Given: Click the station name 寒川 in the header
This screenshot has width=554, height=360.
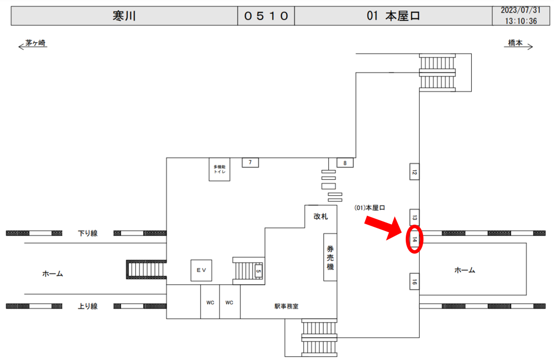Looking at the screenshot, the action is tap(124, 16).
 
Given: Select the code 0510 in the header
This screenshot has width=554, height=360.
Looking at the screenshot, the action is tap(266, 16).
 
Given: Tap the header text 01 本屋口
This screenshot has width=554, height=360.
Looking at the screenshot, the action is tap(393, 16).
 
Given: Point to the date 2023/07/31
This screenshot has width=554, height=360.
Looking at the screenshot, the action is tap(520, 10).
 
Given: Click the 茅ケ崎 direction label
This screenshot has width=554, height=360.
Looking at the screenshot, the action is tap(35, 43).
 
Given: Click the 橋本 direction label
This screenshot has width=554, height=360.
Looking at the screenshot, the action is tap(515, 43).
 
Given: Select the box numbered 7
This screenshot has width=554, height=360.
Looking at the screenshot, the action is tap(250, 162).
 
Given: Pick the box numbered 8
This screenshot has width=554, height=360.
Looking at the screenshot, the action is tap(345, 162).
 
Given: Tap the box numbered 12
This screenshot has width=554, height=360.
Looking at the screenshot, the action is tap(414, 172).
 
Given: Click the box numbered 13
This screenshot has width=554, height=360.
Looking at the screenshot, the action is tap(414, 217).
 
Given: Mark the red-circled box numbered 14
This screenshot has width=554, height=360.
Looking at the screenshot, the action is tap(414, 240).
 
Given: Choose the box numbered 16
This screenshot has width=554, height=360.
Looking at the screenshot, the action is tap(414, 282).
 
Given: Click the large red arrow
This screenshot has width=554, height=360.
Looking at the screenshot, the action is tap(384, 228).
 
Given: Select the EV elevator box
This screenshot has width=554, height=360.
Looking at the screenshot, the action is tap(201, 271).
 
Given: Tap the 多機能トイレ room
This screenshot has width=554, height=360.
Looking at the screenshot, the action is tap(220, 169).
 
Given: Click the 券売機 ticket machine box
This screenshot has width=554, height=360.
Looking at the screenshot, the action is tap(331, 257).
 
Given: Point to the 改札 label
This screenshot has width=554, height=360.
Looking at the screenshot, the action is tap(321, 217).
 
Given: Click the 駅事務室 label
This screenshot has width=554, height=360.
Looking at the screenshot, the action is tap(287, 306).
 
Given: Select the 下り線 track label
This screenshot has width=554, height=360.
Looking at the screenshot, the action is tap(88, 233).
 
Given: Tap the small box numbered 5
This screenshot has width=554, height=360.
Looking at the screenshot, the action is tap(259, 271).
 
